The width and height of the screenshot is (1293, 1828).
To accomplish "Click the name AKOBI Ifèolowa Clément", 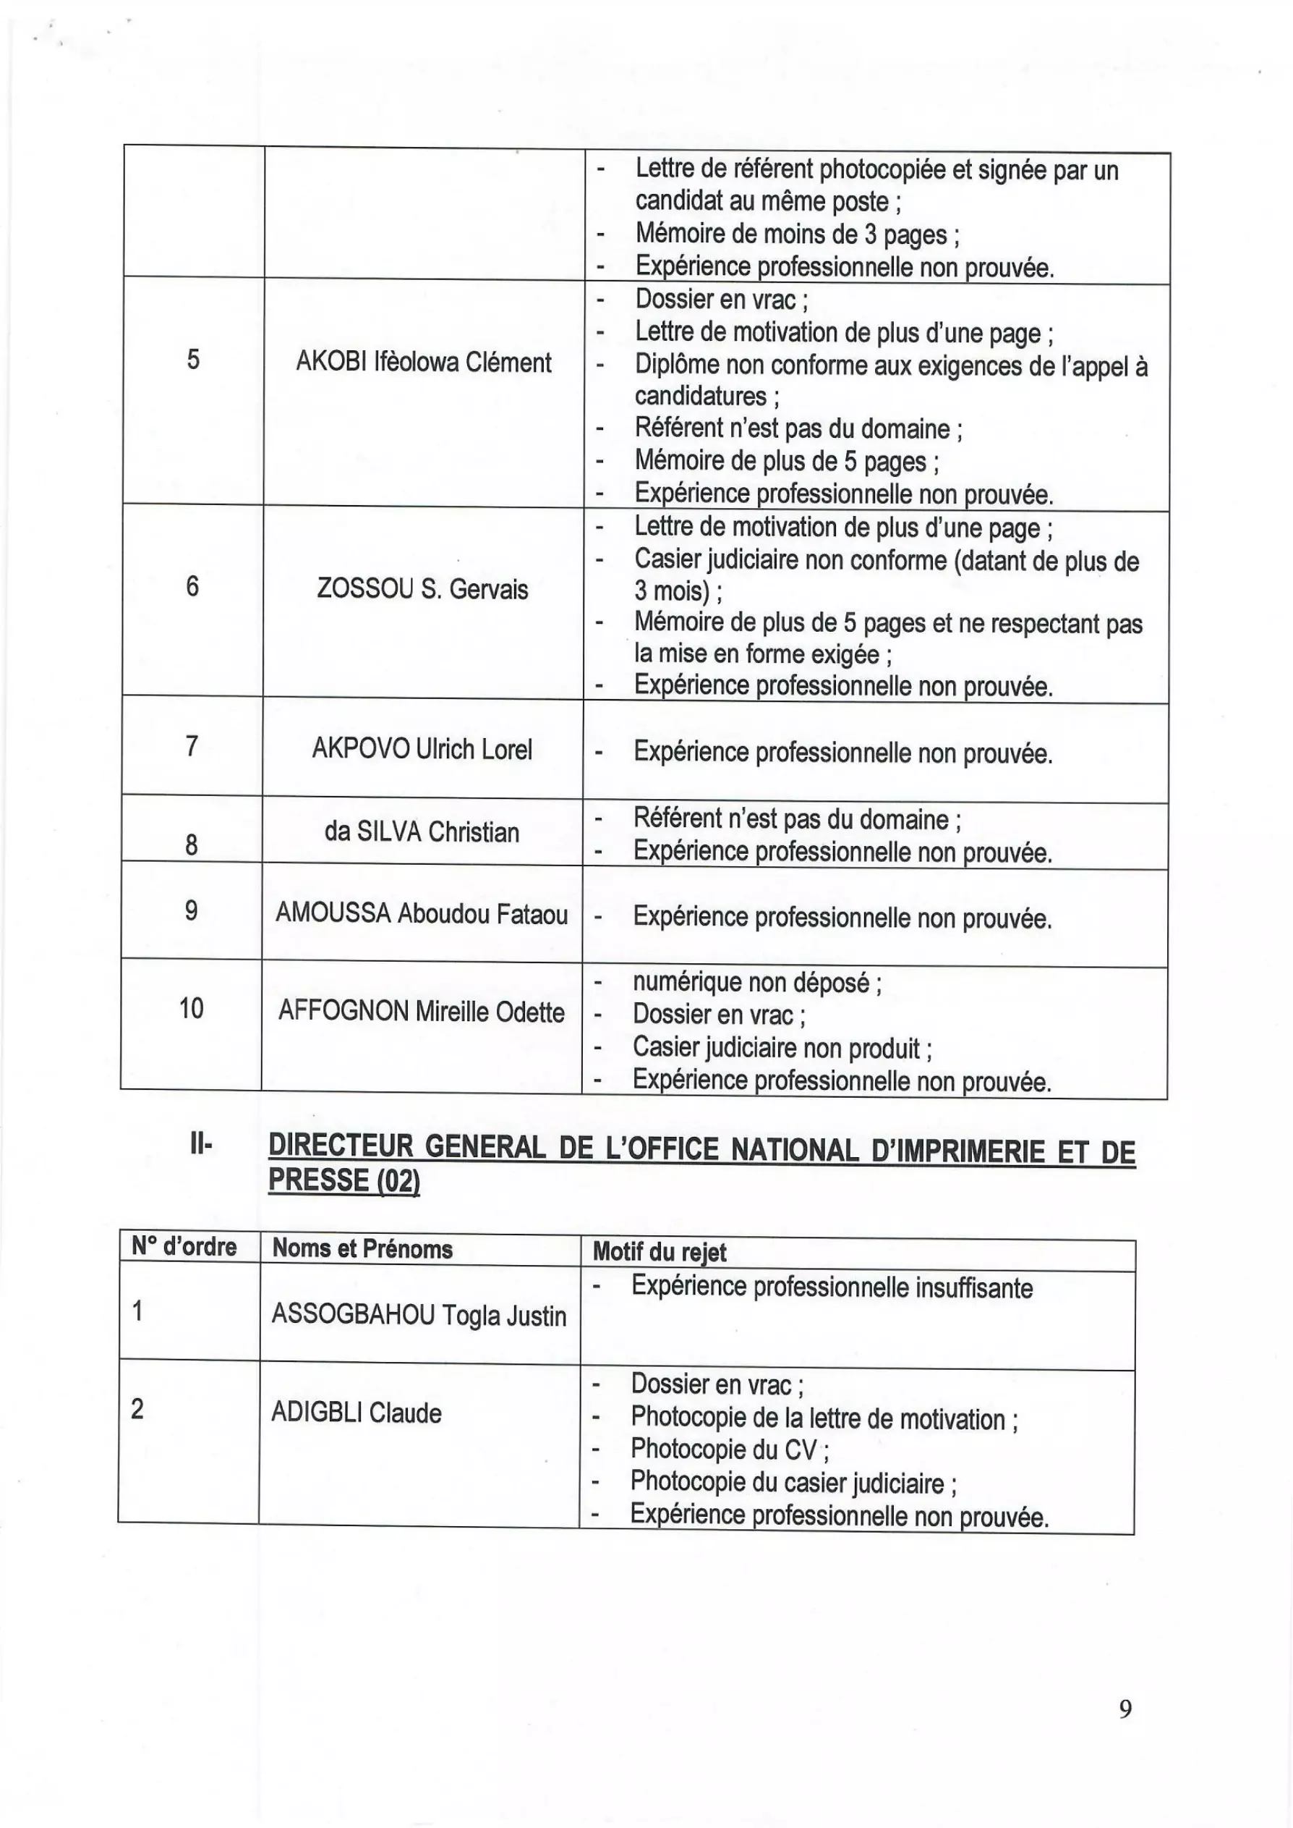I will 423,363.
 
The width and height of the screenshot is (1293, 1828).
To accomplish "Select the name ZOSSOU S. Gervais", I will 422,589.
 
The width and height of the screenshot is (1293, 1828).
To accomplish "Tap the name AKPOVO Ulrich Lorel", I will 422,749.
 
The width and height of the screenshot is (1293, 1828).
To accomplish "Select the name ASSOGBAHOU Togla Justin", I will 419,1315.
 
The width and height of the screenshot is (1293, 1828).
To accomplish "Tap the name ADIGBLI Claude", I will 356,1412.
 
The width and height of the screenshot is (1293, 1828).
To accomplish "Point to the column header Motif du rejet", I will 660,1252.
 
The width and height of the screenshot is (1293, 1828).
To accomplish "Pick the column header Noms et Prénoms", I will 362,1248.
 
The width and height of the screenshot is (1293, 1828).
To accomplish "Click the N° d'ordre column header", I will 184,1247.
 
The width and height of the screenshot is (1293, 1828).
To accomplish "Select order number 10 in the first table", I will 191,1008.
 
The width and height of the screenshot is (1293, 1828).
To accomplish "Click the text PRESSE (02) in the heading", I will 344,1180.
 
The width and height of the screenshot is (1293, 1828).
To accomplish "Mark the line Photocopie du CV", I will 728,1449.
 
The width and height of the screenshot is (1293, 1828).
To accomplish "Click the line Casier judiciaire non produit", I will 782,1047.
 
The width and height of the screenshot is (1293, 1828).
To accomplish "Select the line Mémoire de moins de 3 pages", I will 797,234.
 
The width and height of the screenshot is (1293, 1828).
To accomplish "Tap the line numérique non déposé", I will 756,983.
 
